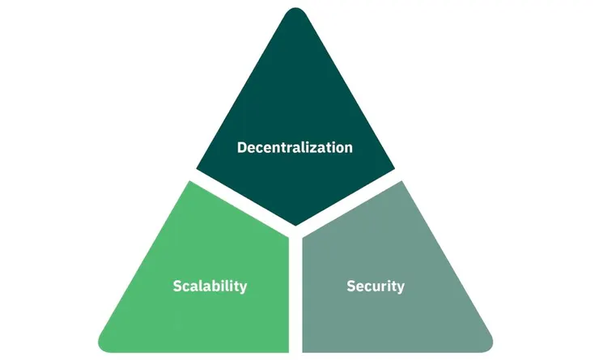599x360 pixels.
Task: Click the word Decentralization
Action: click(295, 148)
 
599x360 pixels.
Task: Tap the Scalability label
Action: click(210, 286)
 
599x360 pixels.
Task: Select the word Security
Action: click(376, 286)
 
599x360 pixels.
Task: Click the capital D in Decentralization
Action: click(242, 148)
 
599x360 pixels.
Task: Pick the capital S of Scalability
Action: click(177, 286)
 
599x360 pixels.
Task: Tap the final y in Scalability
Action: click(243, 289)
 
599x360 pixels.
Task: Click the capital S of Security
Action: click(350, 286)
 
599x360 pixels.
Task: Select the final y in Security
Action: click(401, 289)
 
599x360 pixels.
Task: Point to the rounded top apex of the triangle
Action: click(295, 8)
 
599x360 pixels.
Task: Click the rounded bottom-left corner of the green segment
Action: click(103, 346)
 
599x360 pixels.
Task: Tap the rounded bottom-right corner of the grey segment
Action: click(488, 346)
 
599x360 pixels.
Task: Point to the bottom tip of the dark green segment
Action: click(295, 225)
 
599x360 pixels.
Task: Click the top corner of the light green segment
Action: click(190, 182)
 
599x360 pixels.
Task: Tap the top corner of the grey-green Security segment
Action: click(401, 182)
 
